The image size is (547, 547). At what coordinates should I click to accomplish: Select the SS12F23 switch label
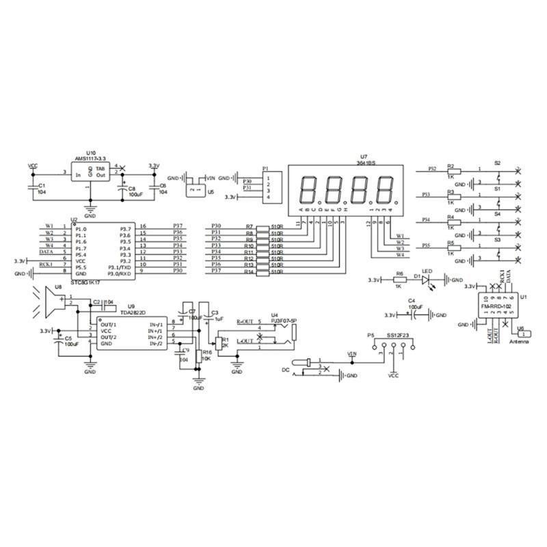pyautogui.click(x=398, y=336)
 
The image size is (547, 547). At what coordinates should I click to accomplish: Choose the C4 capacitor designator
pyautogui.click(x=411, y=301)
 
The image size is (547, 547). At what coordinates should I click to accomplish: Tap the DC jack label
pyautogui.click(x=286, y=370)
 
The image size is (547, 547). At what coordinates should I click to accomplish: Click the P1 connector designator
pyautogui.click(x=265, y=168)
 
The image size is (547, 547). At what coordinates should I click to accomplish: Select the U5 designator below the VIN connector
pyautogui.click(x=211, y=192)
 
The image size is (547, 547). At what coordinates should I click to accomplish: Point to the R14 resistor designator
pyautogui.click(x=249, y=272)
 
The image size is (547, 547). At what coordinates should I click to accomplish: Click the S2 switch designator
pyautogui.click(x=497, y=163)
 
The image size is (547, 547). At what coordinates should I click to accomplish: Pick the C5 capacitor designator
pyautogui.click(x=68, y=338)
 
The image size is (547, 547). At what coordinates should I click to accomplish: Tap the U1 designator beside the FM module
pyautogui.click(x=523, y=297)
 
